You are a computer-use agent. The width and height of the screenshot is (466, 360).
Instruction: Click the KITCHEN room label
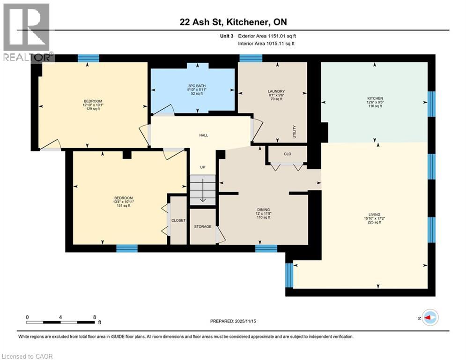[x=375, y=98]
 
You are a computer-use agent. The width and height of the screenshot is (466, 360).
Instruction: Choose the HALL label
[x=203, y=135]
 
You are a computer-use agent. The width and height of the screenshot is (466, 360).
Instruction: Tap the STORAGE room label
[x=203, y=227]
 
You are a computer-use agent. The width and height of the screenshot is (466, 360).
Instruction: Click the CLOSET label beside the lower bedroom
[x=178, y=220]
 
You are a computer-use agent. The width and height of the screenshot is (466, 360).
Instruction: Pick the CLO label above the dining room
[x=288, y=154]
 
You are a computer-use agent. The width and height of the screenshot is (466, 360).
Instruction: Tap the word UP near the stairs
[x=203, y=167]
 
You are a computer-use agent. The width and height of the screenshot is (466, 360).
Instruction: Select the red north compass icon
[x=429, y=318]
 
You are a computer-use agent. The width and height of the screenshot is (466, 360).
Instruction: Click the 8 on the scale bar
[x=95, y=317]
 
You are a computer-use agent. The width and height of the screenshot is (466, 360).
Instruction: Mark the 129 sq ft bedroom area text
[x=93, y=109]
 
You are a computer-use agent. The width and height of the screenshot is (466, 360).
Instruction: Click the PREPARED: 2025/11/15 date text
[x=233, y=321]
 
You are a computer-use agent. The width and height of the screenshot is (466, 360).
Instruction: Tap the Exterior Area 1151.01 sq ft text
[x=267, y=36]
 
